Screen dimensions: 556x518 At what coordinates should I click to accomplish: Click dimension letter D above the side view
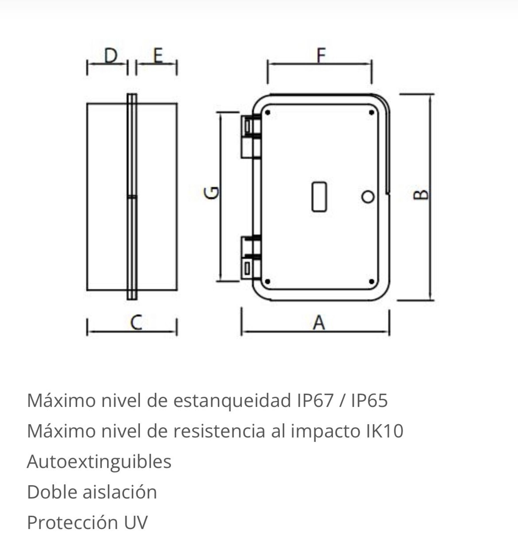[x=111, y=56]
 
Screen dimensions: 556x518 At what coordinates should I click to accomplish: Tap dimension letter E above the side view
[x=158, y=56]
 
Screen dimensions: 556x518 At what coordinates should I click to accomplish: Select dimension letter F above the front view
[x=322, y=55]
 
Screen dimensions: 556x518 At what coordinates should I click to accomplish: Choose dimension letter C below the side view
[x=136, y=322]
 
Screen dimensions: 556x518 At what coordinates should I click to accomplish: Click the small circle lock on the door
[x=368, y=196]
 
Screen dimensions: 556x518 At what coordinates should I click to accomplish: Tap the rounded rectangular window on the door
[x=319, y=197]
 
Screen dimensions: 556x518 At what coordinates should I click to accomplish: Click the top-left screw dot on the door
[x=267, y=113]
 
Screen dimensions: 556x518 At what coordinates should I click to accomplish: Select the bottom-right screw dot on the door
[x=372, y=281]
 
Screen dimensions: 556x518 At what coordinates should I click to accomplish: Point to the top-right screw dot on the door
[x=372, y=113]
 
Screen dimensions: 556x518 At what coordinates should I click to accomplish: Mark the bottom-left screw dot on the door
[x=267, y=281]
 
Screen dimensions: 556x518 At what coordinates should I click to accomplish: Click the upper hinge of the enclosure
[x=251, y=137]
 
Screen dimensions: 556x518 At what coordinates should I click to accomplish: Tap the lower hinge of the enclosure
[x=251, y=257]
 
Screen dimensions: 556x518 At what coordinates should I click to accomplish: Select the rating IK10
[x=385, y=431]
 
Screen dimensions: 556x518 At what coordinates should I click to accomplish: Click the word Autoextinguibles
[x=99, y=461]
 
